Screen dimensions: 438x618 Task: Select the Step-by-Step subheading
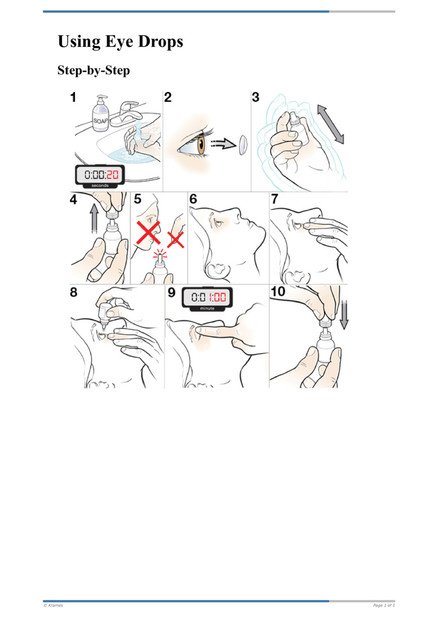tap(94, 71)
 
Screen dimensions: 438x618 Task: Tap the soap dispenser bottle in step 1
tap(101, 114)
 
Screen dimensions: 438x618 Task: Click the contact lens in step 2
tap(243, 145)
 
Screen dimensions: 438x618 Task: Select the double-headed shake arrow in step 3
tap(331, 124)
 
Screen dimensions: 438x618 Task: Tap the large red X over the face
tap(148, 233)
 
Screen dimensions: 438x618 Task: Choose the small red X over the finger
tap(176, 239)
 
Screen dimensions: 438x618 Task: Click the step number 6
tap(193, 199)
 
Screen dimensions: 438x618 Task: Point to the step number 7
tap(275, 199)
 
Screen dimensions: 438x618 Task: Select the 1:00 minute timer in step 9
tap(207, 299)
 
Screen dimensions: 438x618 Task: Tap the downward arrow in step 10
tap(344, 314)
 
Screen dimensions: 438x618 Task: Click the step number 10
tap(278, 291)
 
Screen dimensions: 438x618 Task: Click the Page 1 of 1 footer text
tap(384, 605)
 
